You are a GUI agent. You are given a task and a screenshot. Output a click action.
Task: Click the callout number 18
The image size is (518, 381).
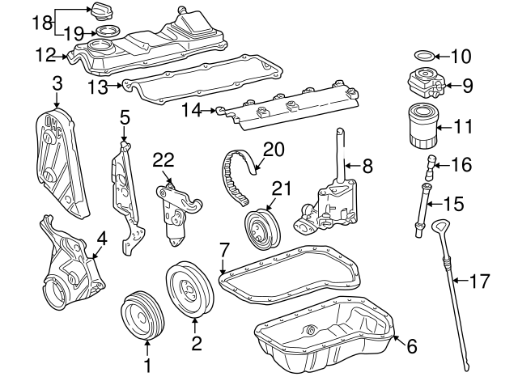pos(41,22)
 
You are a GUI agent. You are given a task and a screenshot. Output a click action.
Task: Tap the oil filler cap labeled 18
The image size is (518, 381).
pos(103,13)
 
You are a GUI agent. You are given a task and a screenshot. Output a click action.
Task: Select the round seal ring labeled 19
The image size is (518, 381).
pos(105,32)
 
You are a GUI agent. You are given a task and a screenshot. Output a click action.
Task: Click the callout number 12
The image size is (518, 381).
pos(46,56)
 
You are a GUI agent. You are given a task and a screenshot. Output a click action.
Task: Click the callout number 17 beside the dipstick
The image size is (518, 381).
pos(480,282)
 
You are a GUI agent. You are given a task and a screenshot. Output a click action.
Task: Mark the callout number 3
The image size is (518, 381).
pos(57,83)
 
